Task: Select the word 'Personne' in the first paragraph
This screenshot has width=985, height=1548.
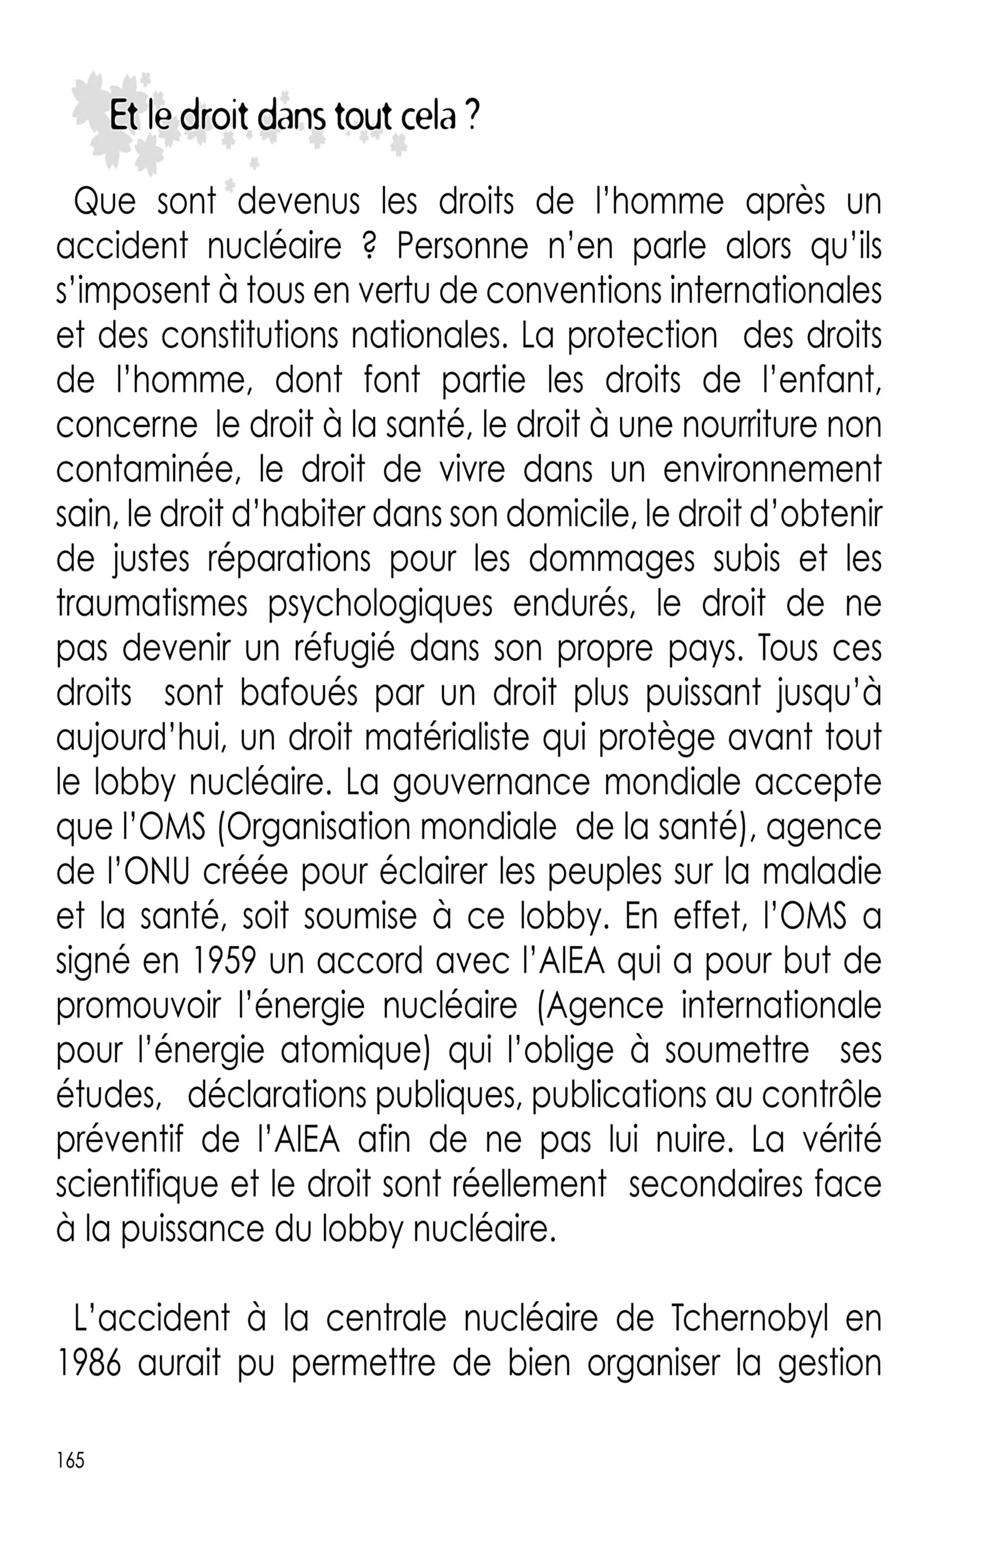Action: [x=462, y=246]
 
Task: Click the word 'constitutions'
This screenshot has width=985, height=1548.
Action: [x=249, y=335]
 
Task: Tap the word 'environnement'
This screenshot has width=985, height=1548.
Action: [x=772, y=470]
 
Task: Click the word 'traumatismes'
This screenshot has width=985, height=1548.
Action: [x=152, y=604]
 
